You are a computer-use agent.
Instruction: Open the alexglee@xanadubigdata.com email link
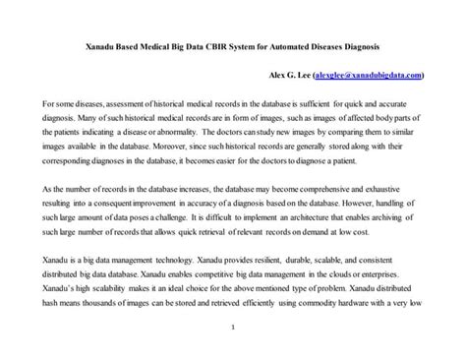[368, 75]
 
